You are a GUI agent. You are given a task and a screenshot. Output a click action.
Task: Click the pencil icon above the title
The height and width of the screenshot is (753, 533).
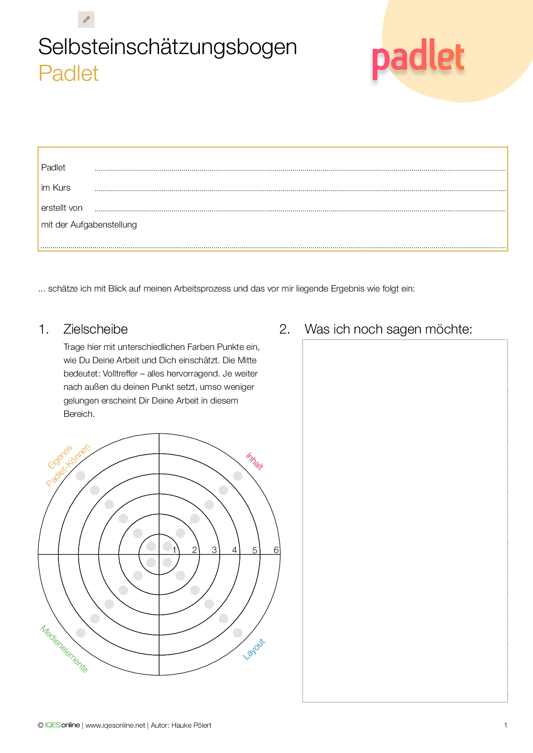pyautogui.click(x=86, y=20)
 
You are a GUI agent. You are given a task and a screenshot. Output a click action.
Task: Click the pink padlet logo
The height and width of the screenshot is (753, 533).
pyautogui.click(x=418, y=58)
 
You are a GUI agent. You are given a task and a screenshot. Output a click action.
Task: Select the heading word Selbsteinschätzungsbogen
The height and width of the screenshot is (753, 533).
pyautogui.click(x=168, y=47)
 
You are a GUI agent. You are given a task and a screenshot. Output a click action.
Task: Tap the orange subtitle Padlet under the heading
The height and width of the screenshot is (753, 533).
pyautogui.click(x=68, y=73)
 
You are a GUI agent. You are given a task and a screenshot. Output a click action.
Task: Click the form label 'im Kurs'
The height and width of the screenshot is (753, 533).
pyautogui.click(x=56, y=188)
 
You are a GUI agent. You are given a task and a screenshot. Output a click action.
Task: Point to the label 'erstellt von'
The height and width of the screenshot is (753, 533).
pyautogui.click(x=62, y=208)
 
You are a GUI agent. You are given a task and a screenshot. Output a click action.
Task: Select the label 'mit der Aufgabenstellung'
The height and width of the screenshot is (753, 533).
pyautogui.click(x=89, y=225)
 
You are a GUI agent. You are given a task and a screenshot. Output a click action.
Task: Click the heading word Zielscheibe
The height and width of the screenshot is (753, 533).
pyautogui.click(x=95, y=329)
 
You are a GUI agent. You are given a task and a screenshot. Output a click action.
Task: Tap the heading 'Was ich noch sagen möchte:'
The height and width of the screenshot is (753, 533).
pyautogui.click(x=388, y=329)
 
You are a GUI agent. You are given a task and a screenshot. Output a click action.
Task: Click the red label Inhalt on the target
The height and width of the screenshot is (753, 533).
pyautogui.click(x=254, y=462)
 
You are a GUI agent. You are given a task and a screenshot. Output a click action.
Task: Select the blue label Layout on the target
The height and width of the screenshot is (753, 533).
pyautogui.click(x=254, y=649)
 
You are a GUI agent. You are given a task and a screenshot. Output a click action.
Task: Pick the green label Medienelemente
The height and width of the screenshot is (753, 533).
pyautogui.click(x=64, y=649)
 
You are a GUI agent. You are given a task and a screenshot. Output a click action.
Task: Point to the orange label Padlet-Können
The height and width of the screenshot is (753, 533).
pyautogui.click(x=68, y=466)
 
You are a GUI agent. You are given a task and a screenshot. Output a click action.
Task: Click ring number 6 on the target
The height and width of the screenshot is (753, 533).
pyautogui.click(x=276, y=550)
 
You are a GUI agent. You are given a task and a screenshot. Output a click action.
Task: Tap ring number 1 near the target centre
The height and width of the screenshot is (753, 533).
pyautogui.click(x=174, y=550)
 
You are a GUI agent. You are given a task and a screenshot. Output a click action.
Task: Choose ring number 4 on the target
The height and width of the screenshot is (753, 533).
pyautogui.click(x=234, y=550)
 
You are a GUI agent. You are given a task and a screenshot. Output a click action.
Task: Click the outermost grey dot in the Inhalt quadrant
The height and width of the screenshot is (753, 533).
pyautogui.click(x=238, y=476)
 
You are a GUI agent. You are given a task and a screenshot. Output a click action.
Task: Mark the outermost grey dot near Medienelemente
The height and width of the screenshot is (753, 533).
pyautogui.click(x=80, y=633)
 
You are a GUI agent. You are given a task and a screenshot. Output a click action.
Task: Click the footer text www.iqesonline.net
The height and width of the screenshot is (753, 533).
pyautogui.click(x=115, y=725)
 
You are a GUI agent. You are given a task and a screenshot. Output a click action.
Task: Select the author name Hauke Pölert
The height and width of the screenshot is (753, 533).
pyautogui.click(x=191, y=725)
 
